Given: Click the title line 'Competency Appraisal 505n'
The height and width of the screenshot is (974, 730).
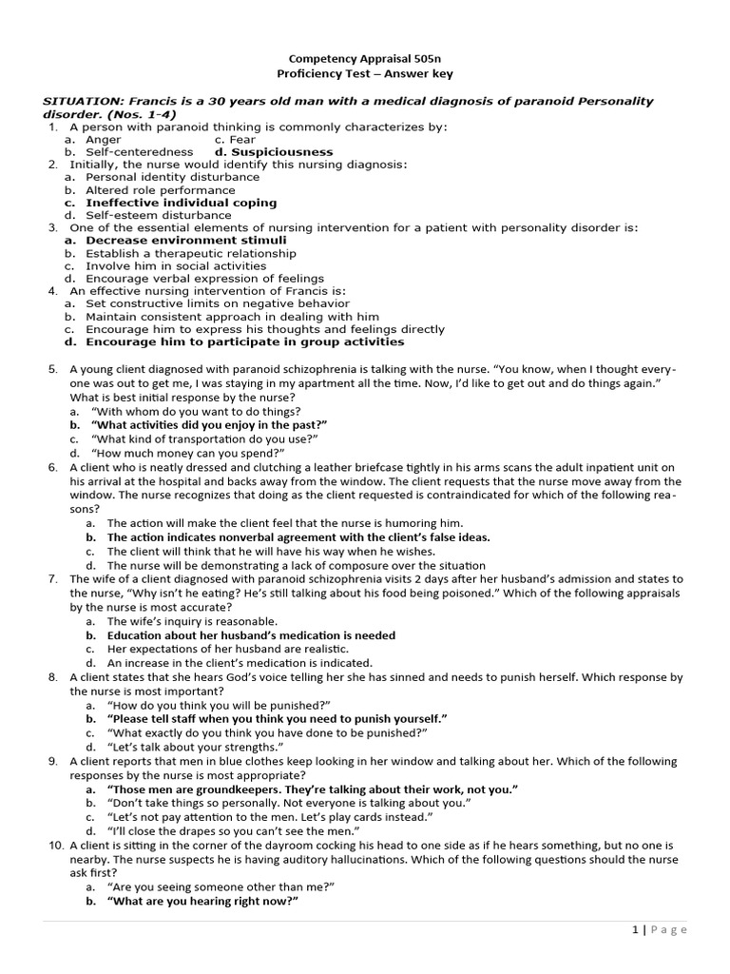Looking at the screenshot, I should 365,58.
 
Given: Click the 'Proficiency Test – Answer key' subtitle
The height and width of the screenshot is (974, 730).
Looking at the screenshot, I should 365,73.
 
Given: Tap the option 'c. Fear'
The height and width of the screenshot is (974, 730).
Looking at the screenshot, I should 232,140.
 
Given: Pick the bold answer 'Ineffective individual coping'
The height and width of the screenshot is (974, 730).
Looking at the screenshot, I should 181,203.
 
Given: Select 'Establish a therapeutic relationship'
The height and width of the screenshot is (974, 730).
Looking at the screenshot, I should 190,254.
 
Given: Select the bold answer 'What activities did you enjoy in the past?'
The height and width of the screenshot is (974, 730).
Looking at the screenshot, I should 209,425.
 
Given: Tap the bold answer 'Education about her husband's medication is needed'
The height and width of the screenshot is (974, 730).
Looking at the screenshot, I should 251,635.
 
